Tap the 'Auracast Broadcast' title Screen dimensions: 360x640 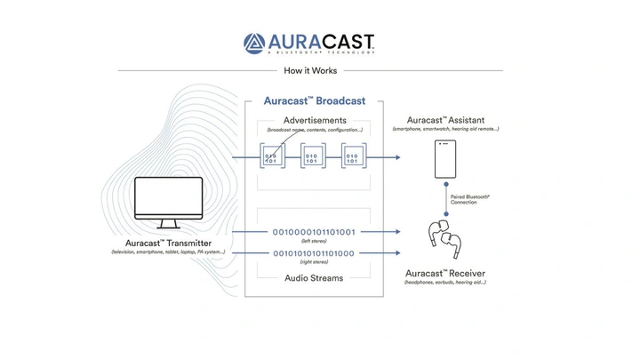click(315, 100)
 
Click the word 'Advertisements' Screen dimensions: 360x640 click(315, 120)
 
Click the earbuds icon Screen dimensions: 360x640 click(445, 237)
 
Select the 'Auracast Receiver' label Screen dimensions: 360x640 click(445, 273)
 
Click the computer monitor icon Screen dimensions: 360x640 click(168, 204)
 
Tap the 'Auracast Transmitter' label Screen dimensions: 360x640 click(168, 242)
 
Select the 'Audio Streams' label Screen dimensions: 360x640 click(314, 277)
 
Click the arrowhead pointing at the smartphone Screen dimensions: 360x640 click(396, 157)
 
